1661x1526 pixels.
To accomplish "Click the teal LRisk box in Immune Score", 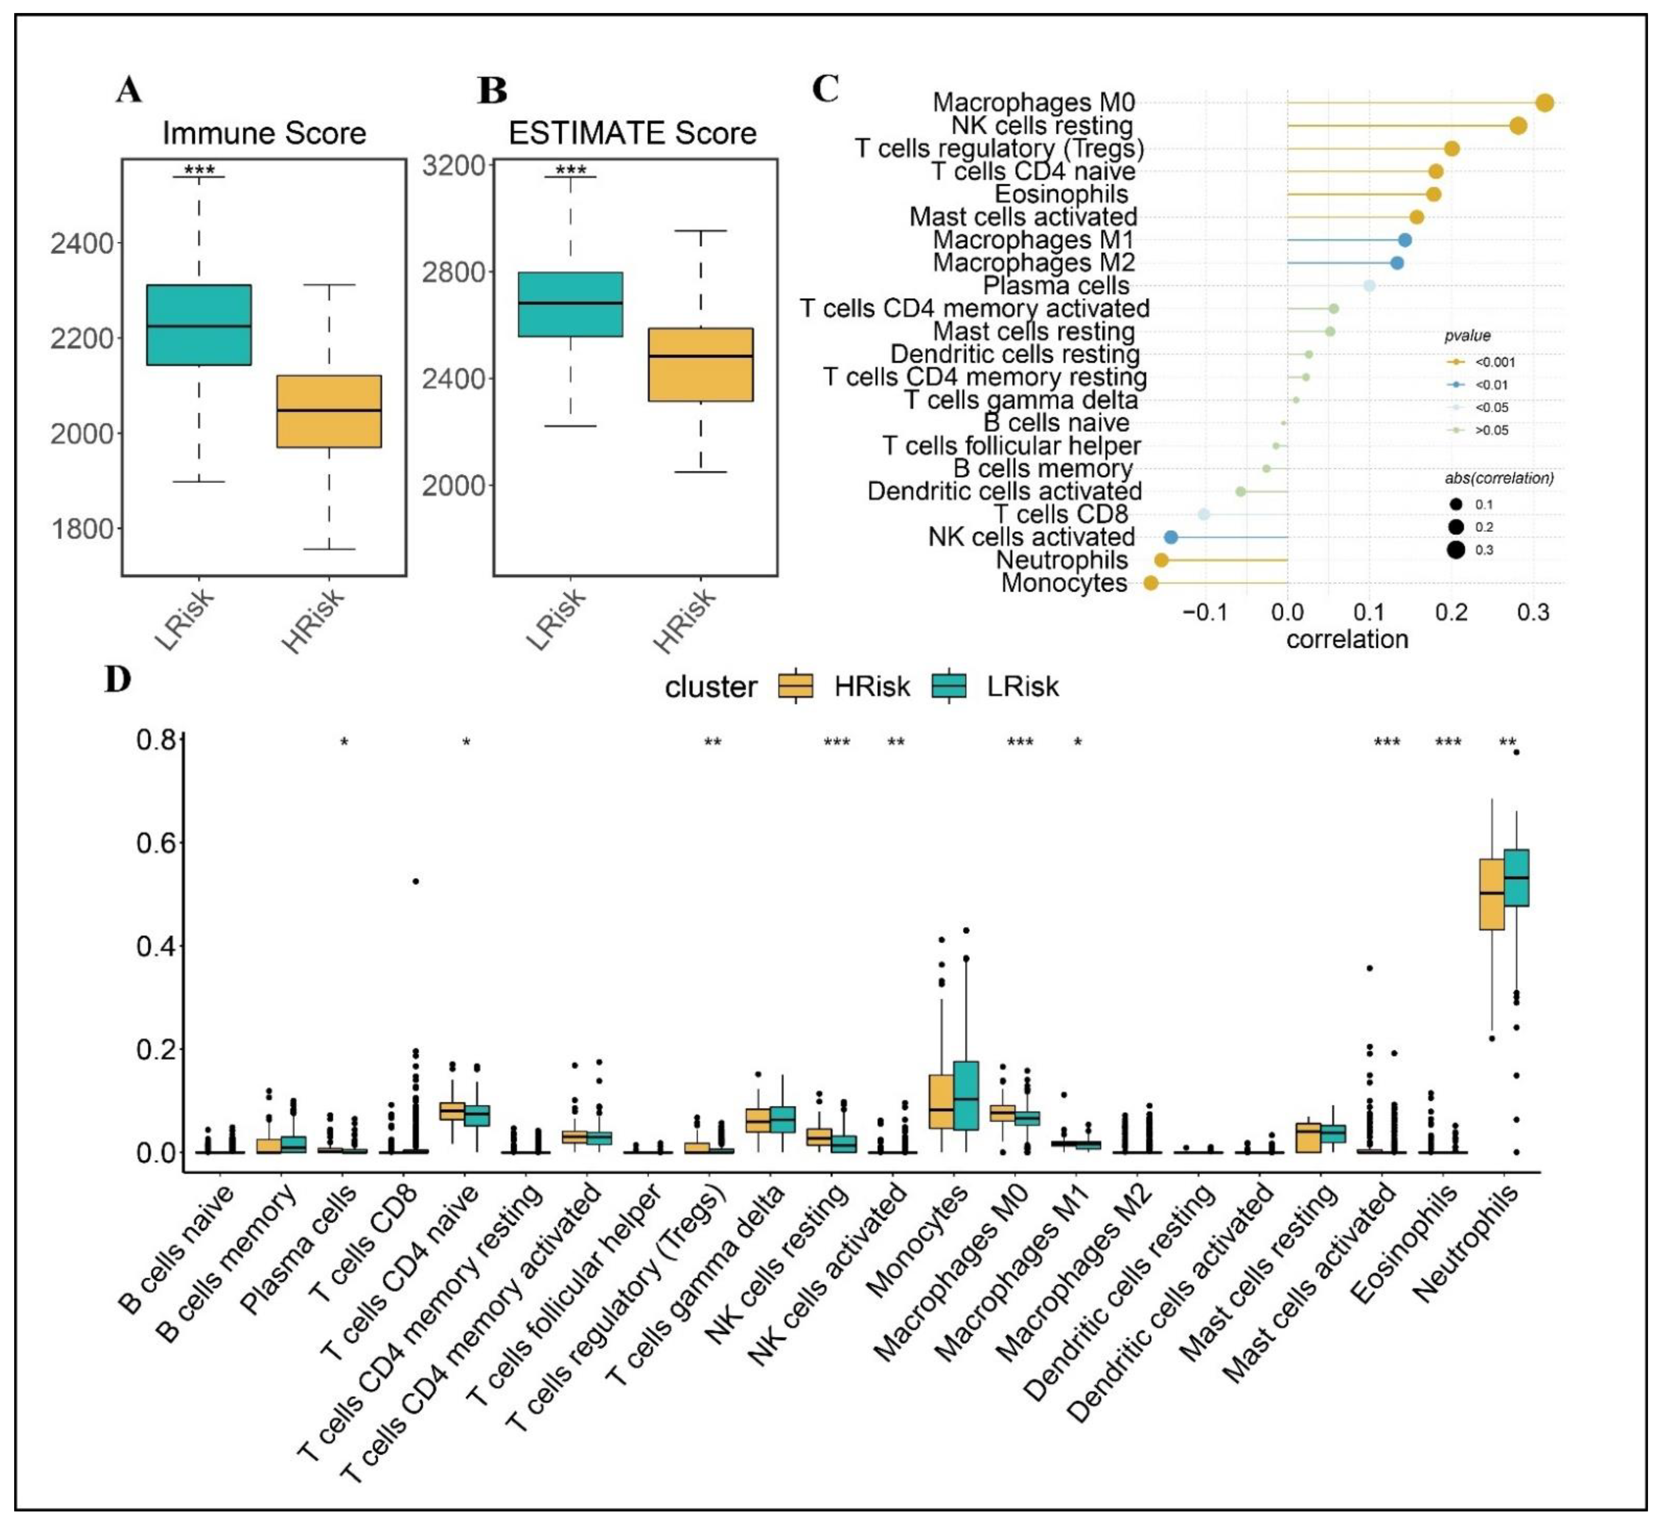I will point(199,324).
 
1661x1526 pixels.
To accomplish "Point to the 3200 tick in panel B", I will point(454,166).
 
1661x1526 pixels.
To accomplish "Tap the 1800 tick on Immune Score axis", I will point(83,528).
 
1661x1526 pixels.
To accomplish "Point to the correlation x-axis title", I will point(1347,639).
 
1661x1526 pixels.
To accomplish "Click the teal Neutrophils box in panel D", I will point(1516,877).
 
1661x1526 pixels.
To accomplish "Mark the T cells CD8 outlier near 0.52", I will point(416,881).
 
